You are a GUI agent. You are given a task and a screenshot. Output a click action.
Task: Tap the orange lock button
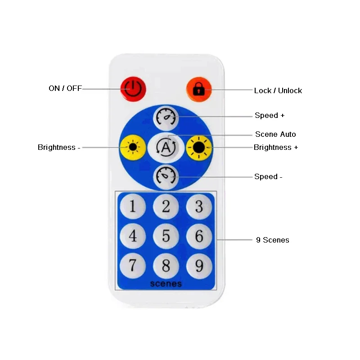(x=198, y=88)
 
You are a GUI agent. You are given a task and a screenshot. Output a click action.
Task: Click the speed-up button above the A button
(x=166, y=117)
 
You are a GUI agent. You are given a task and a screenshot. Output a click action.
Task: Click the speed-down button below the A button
(x=166, y=176)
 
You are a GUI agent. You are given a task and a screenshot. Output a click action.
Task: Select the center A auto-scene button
(x=166, y=147)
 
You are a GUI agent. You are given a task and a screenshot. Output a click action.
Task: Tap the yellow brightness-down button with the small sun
(x=133, y=147)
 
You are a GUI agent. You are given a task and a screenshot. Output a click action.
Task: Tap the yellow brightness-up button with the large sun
(x=199, y=147)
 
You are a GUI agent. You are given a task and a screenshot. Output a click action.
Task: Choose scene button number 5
(x=166, y=236)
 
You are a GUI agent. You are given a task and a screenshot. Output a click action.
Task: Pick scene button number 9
(x=199, y=265)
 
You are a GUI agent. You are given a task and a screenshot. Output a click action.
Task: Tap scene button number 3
(x=199, y=206)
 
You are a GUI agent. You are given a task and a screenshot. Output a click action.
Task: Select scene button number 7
(x=133, y=265)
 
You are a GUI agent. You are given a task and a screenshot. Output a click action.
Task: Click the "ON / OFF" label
(x=65, y=88)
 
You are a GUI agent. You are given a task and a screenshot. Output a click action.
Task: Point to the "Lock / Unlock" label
(x=278, y=90)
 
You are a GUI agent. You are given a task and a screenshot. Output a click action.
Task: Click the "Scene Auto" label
(x=275, y=134)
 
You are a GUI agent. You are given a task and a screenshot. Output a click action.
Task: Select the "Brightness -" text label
(x=59, y=147)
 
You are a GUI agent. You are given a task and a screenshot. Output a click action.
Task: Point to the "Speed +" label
(x=270, y=115)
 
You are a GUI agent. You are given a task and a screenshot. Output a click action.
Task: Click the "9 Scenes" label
(x=272, y=240)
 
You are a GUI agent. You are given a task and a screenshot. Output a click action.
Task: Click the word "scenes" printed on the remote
(x=166, y=283)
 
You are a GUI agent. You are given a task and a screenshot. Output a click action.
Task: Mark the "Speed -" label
(x=268, y=176)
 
